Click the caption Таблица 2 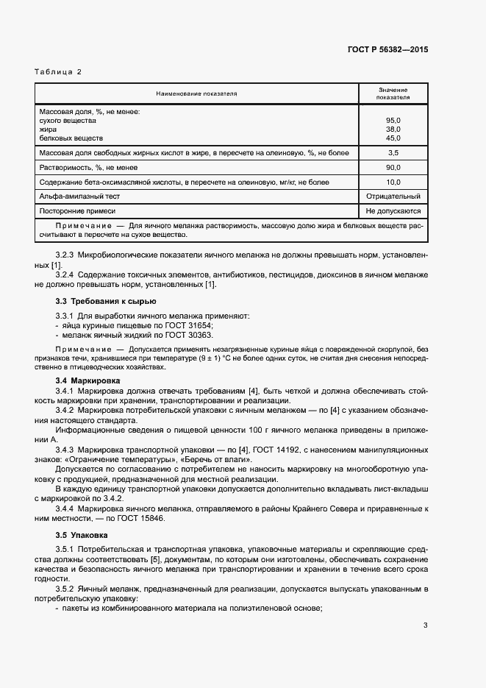pos(58,71)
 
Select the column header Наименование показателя pos(196,94)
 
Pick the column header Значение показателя pos(393,93)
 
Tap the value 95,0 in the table pos(393,120)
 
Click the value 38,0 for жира pos(393,129)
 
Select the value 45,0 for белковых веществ pos(393,138)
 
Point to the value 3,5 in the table pos(393,152)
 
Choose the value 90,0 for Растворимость pos(393,167)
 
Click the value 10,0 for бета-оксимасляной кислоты pos(393,182)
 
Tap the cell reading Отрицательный pos(393,196)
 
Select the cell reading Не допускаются pos(393,211)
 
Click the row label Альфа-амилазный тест pos(79,196)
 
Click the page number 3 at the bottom pos(425,625)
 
